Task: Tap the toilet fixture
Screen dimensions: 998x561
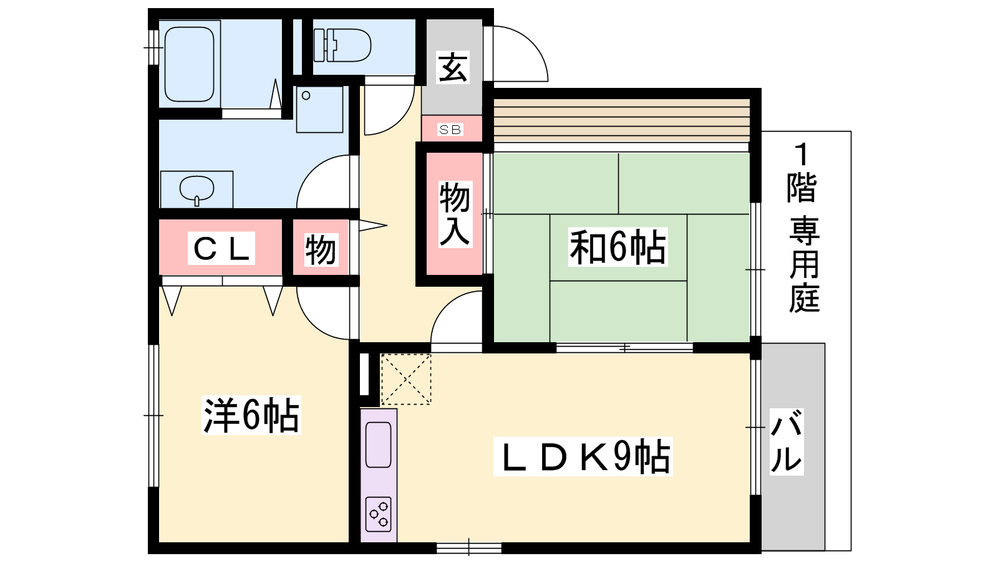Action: (x=342, y=46)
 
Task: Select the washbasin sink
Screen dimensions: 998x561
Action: (x=196, y=190)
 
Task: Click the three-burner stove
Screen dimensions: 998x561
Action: (x=378, y=514)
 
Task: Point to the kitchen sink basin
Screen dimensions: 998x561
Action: (x=378, y=444)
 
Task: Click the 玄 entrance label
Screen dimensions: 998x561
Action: (x=453, y=68)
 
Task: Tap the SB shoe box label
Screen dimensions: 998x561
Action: (x=450, y=130)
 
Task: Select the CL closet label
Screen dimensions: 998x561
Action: (x=221, y=249)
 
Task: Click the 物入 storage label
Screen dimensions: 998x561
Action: (x=455, y=214)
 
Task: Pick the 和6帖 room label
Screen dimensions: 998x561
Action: (x=618, y=247)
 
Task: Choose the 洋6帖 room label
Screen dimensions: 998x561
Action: (x=251, y=415)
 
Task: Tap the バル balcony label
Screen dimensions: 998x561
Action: (x=787, y=441)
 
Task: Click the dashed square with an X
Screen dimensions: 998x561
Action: (x=405, y=380)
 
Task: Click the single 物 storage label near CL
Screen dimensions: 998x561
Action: (x=321, y=249)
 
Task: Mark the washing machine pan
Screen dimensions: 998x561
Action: (x=319, y=109)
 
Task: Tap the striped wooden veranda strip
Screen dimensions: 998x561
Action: (x=621, y=120)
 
